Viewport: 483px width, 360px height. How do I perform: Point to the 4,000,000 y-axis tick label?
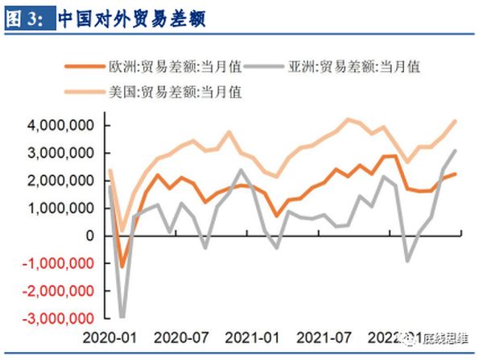(59, 126)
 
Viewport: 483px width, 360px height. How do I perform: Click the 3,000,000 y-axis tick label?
(59, 153)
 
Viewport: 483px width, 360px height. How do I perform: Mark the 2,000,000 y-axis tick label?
(59, 180)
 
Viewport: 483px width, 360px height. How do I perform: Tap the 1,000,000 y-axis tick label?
(59, 208)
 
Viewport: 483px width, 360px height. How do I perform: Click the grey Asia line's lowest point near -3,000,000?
(122, 317)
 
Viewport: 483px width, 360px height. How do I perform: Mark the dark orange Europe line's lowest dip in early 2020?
(122, 267)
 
